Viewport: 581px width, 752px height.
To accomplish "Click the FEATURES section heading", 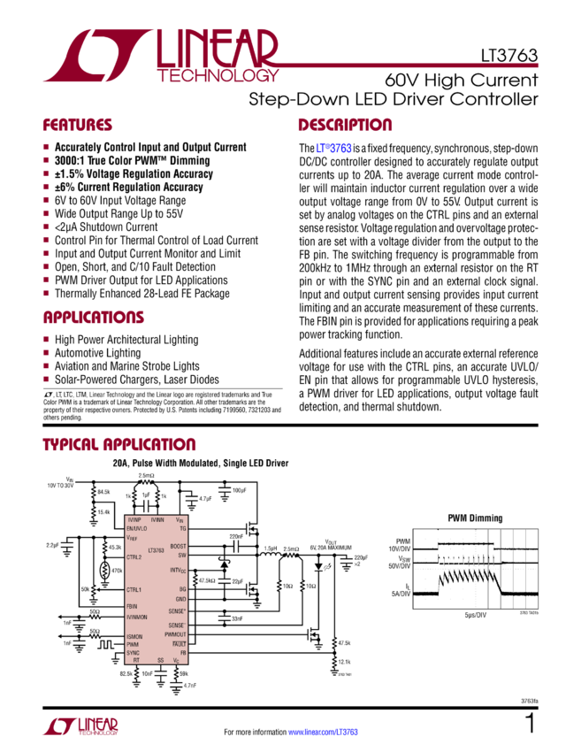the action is pyautogui.click(x=78, y=125).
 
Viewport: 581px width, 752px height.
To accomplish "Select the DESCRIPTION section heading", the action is pyautogui.click(x=345, y=125).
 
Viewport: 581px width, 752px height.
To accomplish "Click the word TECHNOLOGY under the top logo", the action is pyautogui.click(x=220, y=76).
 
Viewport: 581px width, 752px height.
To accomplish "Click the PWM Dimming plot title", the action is pyautogui.click(x=469, y=518).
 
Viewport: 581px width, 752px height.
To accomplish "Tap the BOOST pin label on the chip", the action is pyautogui.click(x=178, y=547).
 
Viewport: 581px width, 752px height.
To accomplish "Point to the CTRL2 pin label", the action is pyautogui.click(x=134, y=557).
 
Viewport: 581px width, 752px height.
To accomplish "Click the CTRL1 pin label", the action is pyautogui.click(x=134, y=589).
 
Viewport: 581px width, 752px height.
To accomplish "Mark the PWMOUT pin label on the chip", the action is pyautogui.click(x=175, y=634).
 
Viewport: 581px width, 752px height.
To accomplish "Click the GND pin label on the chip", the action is pyautogui.click(x=180, y=598).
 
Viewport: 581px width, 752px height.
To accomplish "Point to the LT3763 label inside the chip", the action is pyautogui.click(x=157, y=550).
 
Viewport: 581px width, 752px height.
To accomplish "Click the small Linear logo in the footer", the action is pyautogui.click(x=80, y=727).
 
